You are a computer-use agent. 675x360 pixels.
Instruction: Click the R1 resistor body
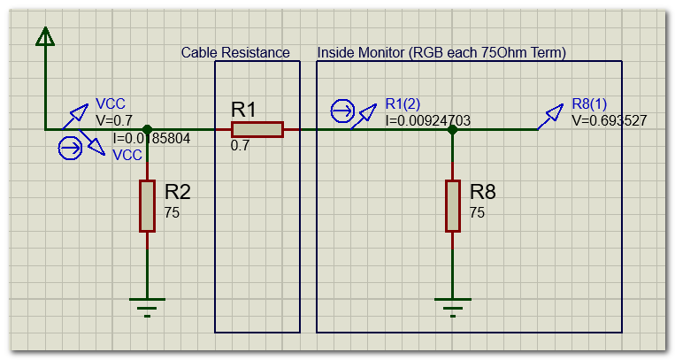click(x=257, y=130)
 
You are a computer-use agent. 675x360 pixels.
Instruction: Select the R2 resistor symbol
click(x=147, y=206)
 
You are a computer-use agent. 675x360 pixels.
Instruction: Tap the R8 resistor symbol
click(x=452, y=206)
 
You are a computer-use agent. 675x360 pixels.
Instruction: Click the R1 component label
click(x=243, y=110)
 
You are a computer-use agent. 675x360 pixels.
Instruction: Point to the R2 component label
click(x=178, y=193)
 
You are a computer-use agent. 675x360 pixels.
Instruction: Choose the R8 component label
click(x=483, y=193)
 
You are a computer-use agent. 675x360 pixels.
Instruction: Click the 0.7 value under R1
click(x=240, y=145)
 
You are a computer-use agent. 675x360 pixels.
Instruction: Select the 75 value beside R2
click(x=173, y=212)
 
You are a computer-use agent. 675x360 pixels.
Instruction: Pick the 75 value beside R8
click(x=478, y=212)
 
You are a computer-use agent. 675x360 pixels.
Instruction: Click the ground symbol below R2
click(x=147, y=307)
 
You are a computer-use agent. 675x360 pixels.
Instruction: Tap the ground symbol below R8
click(x=452, y=307)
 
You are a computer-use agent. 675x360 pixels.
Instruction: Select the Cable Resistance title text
click(x=235, y=53)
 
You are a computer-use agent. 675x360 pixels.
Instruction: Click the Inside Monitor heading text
click(x=441, y=53)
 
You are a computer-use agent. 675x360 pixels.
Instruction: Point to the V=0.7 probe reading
click(x=113, y=119)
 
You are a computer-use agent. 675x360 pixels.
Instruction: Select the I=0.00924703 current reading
click(x=427, y=119)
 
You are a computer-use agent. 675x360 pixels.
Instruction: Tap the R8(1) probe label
click(x=589, y=104)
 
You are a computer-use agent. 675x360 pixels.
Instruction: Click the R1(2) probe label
click(x=403, y=104)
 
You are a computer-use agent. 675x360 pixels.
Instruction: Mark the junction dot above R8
click(x=452, y=130)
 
